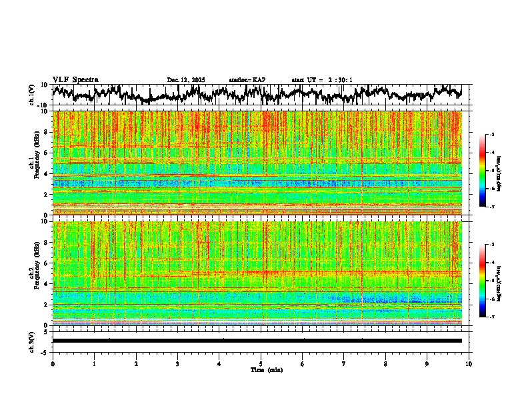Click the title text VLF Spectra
(x=75, y=79)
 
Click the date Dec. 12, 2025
(x=186, y=80)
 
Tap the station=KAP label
(x=247, y=80)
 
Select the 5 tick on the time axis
(x=261, y=364)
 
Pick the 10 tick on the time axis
(x=469, y=364)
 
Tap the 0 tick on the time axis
(x=53, y=364)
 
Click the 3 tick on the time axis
(x=177, y=364)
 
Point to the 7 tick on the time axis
(x=344, y=364)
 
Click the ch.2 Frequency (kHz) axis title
(x=33, y=272)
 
